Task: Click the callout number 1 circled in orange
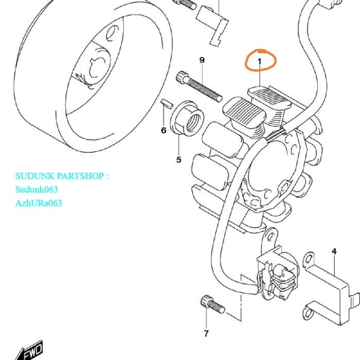[x=260, y=62]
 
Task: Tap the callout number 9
[x=202, y=60]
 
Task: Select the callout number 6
[x=164, y=131]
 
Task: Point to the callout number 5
[x=179, y=159]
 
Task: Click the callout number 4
[x=334, y=251]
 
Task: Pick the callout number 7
[x=206, y=333]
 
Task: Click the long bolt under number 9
[x=199, y=86]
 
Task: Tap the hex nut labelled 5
[x=187, y=118]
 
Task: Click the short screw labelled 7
[x=212, y=304]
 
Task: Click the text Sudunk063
[x=37, y=189]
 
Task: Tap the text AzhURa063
[x=39, y=203]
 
